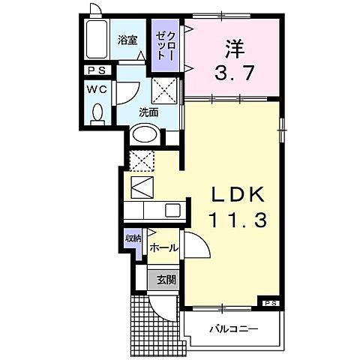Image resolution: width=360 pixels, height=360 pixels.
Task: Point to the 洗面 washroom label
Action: point(148,112)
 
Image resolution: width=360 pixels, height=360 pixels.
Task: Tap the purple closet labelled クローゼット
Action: point(165,45)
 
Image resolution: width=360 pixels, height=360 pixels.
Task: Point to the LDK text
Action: point(238,193)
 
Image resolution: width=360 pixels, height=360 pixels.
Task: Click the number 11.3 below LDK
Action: point(238,220)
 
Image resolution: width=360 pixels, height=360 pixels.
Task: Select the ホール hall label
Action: point(163,247)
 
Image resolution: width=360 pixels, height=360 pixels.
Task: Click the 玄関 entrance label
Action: point(166,280)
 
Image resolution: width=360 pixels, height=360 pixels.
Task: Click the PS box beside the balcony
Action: point(271,302)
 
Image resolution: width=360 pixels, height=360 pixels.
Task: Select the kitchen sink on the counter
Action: point(172,211)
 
